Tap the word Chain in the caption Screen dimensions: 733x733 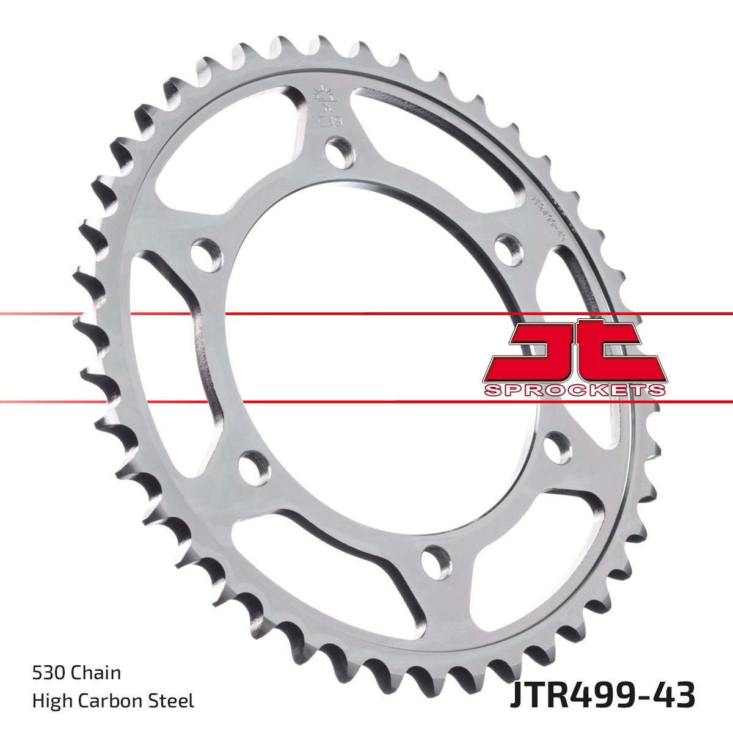coord(96,674)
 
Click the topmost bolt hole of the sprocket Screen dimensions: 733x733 coord(340,153)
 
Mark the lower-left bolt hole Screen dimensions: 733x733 coord(253,469)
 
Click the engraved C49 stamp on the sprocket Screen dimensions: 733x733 coord(330,118)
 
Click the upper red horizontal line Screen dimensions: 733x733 coord(366,314)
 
